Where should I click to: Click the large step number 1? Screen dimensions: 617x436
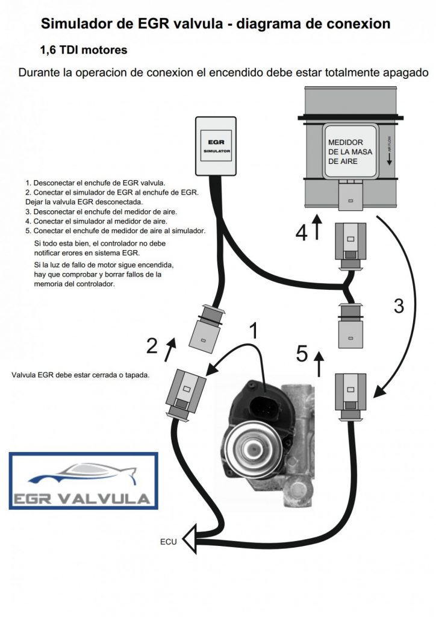(x=255, y=331)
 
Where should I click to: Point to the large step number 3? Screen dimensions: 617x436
(x=398, y=305)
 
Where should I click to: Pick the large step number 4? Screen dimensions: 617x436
(x=301, y=231)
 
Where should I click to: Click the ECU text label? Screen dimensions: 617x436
(x=169, y=542)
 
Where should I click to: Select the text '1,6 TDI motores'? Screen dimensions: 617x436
(x=83, y=50)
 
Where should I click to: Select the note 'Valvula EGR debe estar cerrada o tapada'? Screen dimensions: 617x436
(x=80, y=375)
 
